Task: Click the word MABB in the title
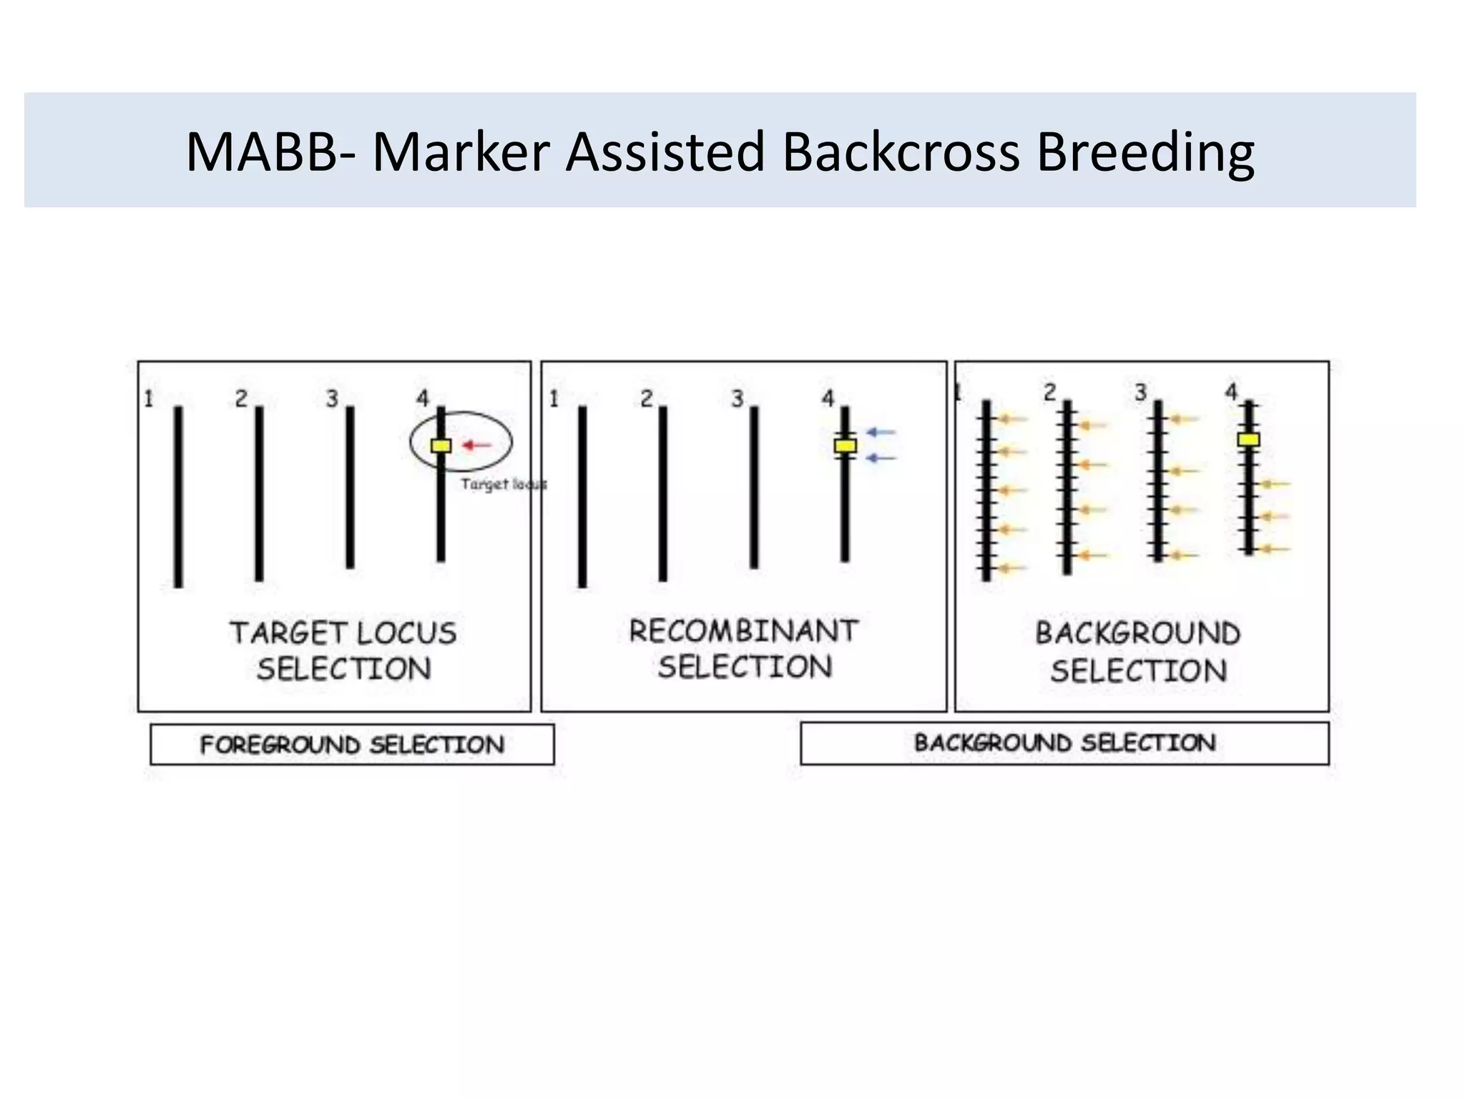(260, 152)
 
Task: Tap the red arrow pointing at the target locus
(477, 445)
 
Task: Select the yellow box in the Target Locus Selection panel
(441, 445)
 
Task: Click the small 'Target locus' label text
(503, 484)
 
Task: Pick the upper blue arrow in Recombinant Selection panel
(881, 432)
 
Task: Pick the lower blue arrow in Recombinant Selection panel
(881, 457)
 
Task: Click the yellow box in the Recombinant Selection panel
(845, 446)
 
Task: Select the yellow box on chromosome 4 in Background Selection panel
(1248, 440)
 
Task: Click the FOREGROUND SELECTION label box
(352, 744)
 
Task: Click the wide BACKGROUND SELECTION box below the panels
(1064, 743)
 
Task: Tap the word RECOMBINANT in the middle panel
(743, 631)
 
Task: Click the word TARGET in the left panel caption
(288, 633)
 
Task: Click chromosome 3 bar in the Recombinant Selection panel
(754, 487)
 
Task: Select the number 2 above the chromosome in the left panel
(241, 398)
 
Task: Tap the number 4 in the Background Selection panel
(1230, 391)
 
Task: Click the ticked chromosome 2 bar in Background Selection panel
(1067, 487)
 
